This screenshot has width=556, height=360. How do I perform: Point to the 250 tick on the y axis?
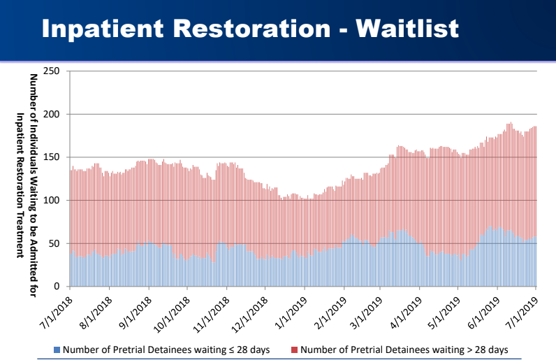52,71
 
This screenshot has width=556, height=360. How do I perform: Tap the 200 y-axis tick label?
52,114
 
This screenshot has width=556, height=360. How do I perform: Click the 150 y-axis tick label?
52,157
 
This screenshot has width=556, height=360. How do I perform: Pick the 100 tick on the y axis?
52,201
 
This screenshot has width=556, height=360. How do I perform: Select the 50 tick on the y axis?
54,243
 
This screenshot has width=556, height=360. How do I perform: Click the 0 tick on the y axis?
57,287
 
